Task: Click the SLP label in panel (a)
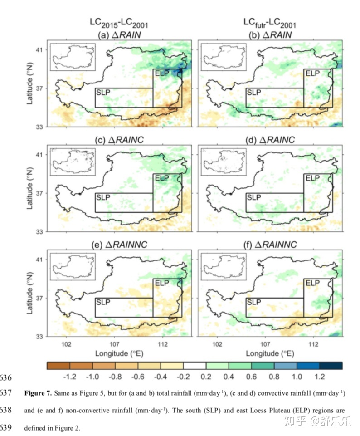tap(104, 93)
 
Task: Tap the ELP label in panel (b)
tap(312, 73)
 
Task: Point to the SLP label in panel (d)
tap(254, 197)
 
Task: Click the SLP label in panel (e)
tap(104, 302)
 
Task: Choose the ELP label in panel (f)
tap(312, 283)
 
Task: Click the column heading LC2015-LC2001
tap(119, 23)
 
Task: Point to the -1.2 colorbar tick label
tap(69, 377)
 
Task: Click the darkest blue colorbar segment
tap(331, 365)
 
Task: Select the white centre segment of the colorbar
tap(195, 365)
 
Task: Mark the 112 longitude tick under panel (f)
tap(312, 344)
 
